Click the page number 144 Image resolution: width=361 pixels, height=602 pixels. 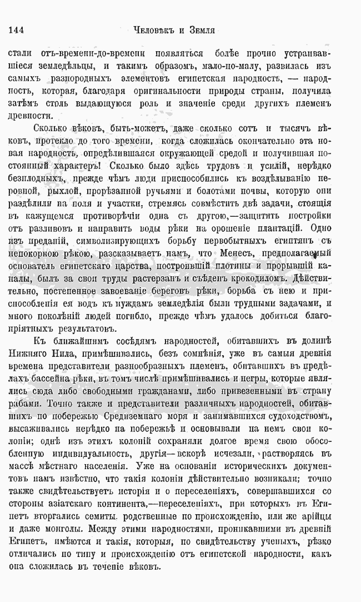pyautogui.click(x=17, y=30)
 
